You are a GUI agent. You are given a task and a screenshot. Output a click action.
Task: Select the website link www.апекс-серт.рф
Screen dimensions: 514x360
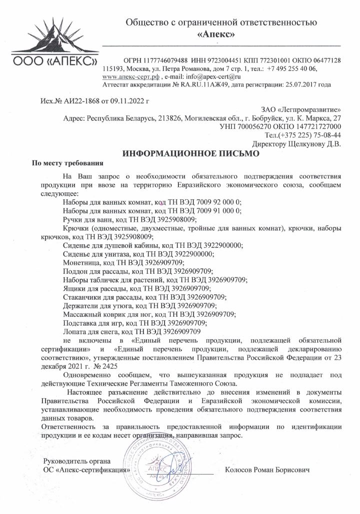tap(130, 77)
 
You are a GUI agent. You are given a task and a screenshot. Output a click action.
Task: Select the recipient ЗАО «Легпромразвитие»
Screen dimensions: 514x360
tap(301, 109)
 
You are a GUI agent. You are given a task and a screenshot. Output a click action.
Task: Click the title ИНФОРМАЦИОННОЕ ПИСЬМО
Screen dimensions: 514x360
tap(191, 154)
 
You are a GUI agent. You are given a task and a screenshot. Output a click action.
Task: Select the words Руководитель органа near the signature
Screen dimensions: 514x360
tap(77, 461)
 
